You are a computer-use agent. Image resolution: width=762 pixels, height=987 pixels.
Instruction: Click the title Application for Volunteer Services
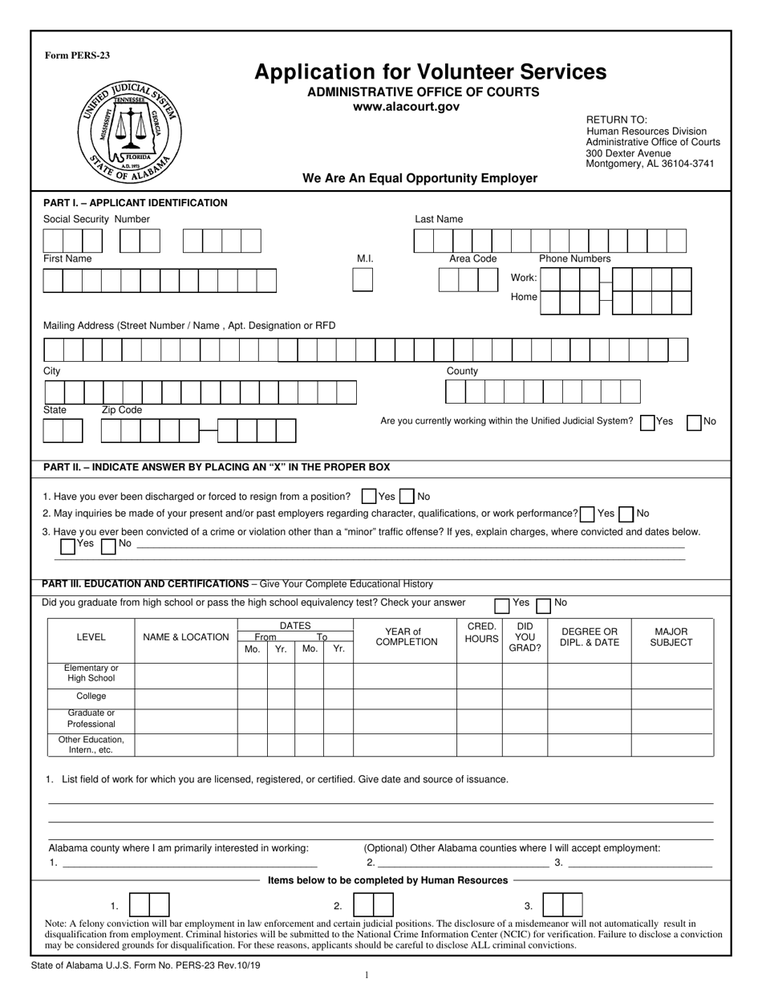point(430,72)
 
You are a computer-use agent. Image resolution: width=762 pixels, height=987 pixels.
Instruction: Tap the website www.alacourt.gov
point(407,107)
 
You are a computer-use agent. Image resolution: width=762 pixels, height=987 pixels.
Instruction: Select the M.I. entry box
point(363,279)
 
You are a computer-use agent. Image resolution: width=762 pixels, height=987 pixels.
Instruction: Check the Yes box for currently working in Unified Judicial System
point(647,422)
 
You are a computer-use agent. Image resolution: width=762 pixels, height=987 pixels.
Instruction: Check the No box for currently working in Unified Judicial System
point(695,422)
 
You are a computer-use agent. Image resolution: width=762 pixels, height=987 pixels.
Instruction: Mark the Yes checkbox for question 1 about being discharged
point(369,497)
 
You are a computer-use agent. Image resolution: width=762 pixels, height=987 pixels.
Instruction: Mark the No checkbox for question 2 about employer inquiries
point(627,514)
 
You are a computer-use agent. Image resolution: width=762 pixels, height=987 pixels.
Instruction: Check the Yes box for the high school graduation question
point(502,604)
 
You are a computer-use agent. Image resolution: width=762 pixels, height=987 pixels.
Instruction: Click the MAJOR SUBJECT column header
point(671,637)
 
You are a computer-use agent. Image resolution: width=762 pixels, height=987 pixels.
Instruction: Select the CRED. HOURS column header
point(481,632)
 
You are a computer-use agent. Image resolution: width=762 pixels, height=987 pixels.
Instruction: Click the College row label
point(91,697)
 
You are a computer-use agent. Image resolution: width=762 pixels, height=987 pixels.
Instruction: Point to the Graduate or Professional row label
point(91,718)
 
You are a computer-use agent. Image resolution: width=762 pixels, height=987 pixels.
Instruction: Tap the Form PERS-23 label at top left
point(77,55)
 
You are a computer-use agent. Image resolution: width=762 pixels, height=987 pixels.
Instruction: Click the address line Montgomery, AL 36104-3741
point(650,164)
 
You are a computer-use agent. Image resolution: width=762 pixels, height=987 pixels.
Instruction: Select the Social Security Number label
point(96,219)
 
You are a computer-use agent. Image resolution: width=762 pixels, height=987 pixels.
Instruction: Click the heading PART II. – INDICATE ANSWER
point(217,467)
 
